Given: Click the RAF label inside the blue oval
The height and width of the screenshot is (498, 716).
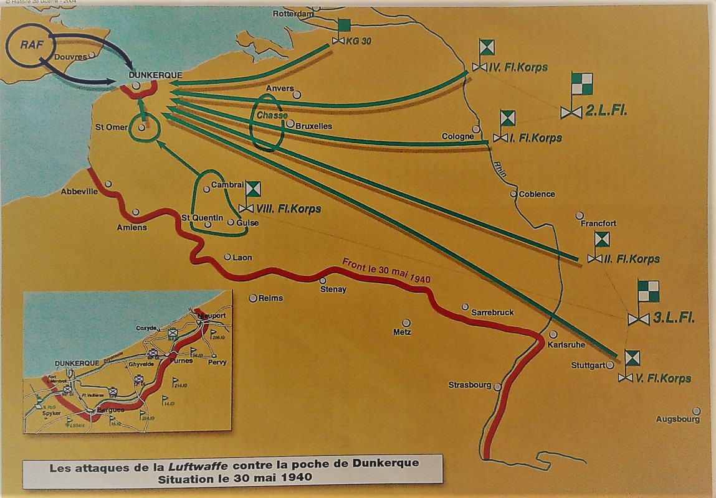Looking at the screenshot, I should (x=27, y=45).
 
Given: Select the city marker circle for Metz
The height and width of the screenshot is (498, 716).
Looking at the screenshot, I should (x=406, y=322).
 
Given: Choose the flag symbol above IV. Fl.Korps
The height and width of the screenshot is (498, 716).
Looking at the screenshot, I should (x=486, y=47).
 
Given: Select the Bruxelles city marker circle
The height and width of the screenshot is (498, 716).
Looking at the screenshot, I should (x=290, y=123).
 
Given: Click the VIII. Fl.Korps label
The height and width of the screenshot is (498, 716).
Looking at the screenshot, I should (x=288, y=209).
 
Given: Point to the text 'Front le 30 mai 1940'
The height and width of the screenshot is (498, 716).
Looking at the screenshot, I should (x=386, y=273).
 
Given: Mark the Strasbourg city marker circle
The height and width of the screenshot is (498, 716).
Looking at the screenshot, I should (x=497, y=387).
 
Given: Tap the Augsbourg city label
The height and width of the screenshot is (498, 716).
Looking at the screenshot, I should (x=677, y=420).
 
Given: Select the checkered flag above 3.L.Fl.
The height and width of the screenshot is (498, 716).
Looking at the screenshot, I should (x=647, y=291).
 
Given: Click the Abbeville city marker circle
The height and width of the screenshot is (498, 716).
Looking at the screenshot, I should (x=108, y=184).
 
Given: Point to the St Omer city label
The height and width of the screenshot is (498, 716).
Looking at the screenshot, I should (x=111, y=127).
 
